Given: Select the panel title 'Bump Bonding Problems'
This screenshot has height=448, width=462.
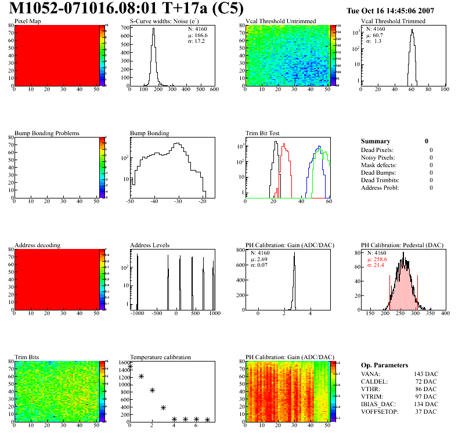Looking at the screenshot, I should (x=47, y=133).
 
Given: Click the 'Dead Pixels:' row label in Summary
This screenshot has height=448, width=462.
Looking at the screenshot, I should (x=377, y=150).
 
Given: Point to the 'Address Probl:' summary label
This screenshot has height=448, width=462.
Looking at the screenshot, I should (x=380, y=187).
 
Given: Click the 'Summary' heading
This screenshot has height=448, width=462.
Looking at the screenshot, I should (x=376, y=141).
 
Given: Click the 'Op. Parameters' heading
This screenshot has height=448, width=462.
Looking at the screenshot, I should (x=384, y=365).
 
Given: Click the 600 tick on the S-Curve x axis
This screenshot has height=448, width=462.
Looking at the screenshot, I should (x=214, y=90).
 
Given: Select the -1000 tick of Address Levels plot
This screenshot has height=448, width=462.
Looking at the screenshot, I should (x=138, y=313).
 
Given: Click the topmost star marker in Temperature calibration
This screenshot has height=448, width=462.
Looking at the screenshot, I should (x=131, y=367).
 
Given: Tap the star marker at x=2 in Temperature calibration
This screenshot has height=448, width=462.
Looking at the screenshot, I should (x=152, y=390).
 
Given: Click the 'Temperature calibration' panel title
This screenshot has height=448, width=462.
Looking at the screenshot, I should (x=160, y=357).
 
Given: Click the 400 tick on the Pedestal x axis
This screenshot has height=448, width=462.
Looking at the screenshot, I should (x=445, y=313).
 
